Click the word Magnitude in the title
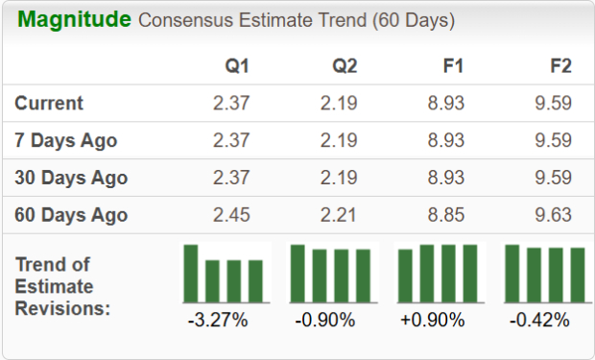(x=75, y=20)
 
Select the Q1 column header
(x=236, y=67)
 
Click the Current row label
(x=49, y=104)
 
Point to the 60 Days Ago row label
(x=70, y=215)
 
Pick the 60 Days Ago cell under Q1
(x=231, y=215)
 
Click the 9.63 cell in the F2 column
(x=553, y=215)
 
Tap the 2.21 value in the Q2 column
(x=338, y=215)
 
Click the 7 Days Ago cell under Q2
(x=338, y=141)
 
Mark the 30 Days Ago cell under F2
(x=553, y=178)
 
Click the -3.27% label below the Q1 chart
(x=218, y=321)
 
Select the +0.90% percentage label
(x=434, y=321)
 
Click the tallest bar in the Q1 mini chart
(x=191, y=274)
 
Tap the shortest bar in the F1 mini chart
(x=406, y=276)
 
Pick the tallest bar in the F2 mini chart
(x=512, y=274)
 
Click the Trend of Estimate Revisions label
(x=62, y=286)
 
